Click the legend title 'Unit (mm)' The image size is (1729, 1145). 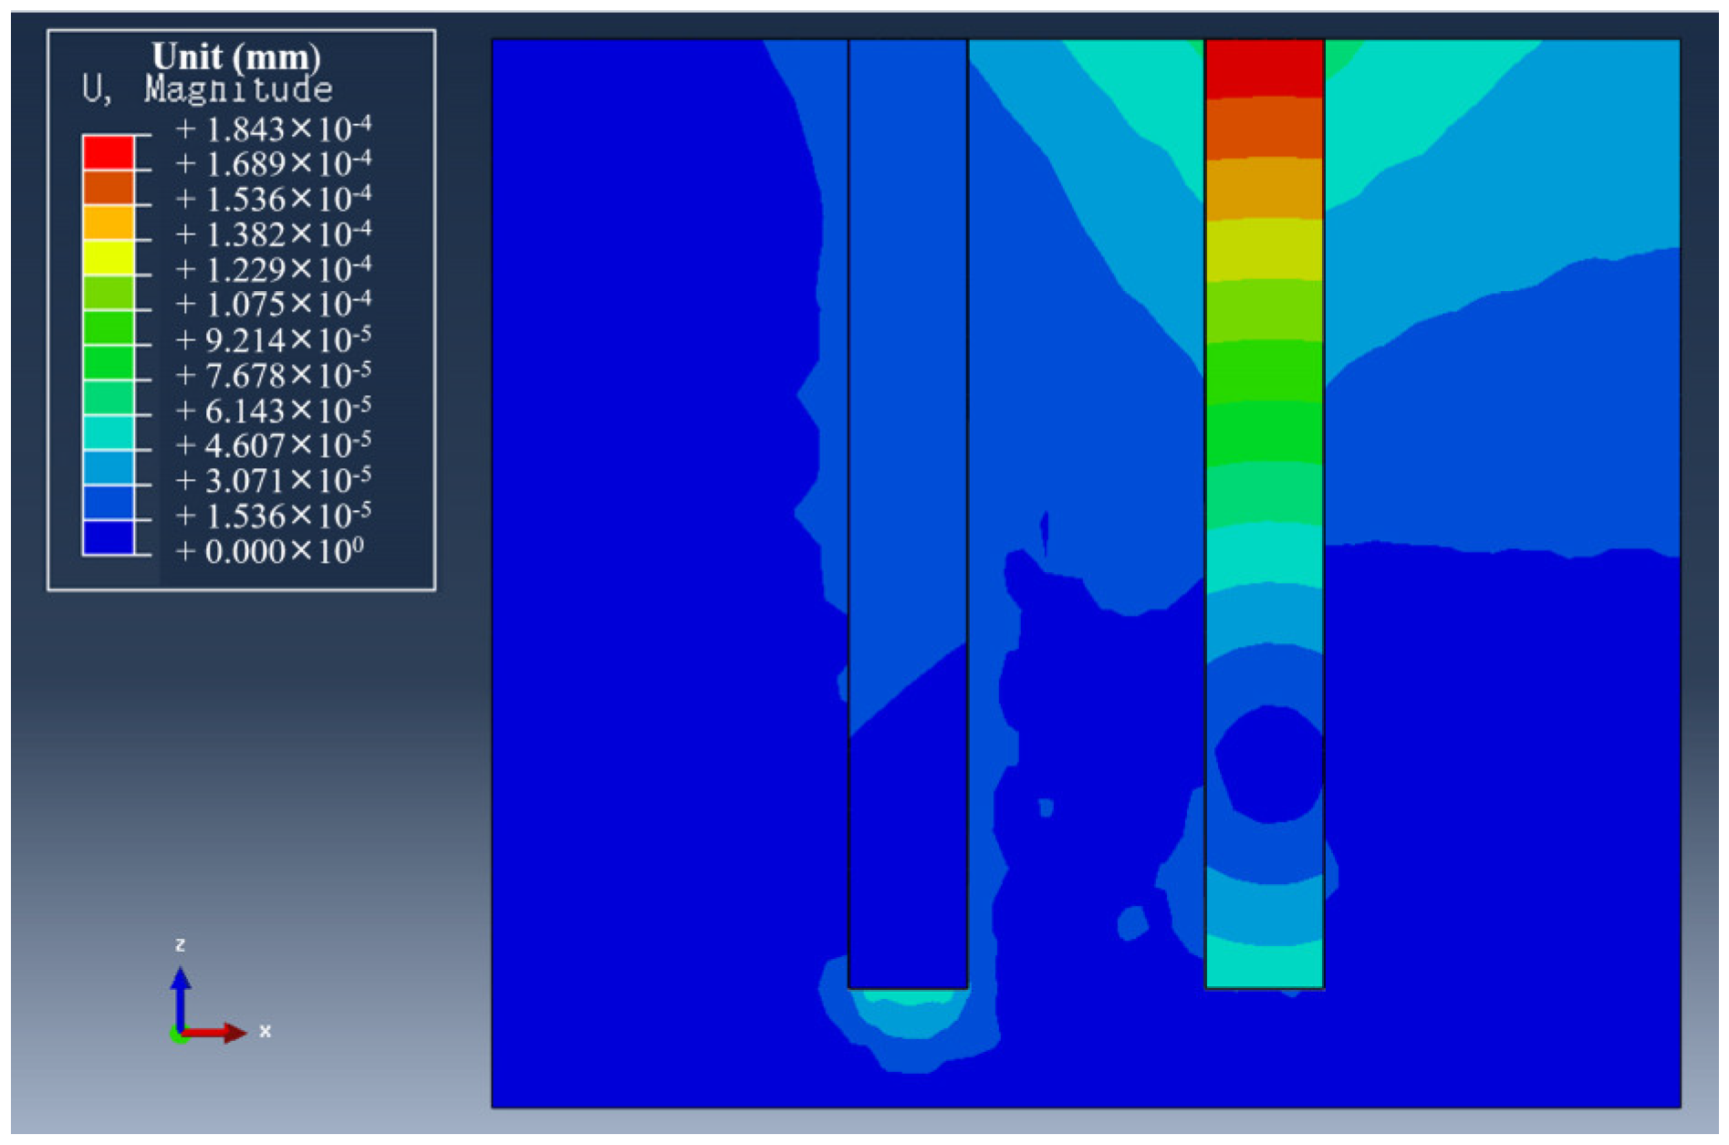236,57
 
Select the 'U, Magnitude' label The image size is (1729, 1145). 207,89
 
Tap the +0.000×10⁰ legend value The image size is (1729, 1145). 270,551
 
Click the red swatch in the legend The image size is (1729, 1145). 109,152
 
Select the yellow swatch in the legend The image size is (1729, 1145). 109,258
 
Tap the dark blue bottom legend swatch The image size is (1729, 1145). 109,537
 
